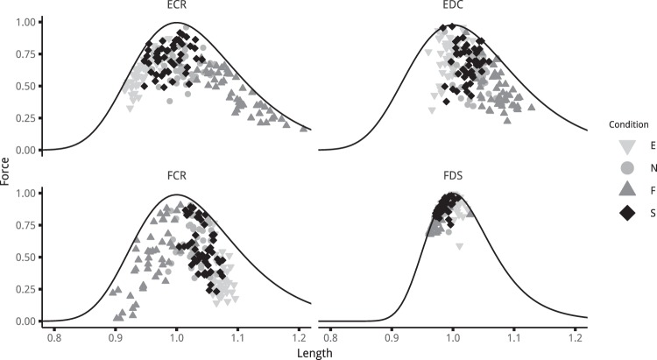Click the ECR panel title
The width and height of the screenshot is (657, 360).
click(x=177, y=7)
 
